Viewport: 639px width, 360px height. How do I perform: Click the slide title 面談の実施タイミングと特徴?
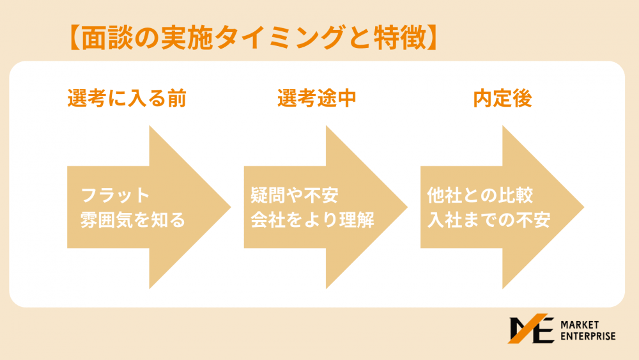[x=253, y=38]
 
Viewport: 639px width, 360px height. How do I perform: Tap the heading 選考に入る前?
[x=127, y=98]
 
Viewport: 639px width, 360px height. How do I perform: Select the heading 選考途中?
[x=317, y=98]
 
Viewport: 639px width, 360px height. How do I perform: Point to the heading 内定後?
[x=502, y=98]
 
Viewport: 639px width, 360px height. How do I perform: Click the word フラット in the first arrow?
[x=115, y=195]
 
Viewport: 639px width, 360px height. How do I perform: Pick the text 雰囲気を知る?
[x=133, y=220]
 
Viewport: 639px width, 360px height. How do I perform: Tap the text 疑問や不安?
[x=294, y=195]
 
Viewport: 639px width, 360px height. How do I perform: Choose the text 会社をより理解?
[x=312, y=220]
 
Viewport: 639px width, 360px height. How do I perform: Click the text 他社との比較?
[x=480, y=195]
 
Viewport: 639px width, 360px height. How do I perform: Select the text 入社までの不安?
[x=489, y=220]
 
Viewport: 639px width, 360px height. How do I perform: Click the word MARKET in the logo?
[x=580, y=325]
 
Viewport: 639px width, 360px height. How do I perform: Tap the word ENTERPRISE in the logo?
[x=588, y=336]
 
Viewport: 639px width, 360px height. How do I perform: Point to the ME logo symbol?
[x=531, y=329]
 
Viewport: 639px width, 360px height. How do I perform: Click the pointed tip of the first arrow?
[x=231, y=207]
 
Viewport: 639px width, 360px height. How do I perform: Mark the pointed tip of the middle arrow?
[x=407, y=207]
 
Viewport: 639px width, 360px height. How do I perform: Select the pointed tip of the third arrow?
[x=584, y=207]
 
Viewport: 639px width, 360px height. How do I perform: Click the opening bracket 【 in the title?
[x=74, y=38]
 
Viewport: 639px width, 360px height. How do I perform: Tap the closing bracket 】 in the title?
[x=433, y=38]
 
